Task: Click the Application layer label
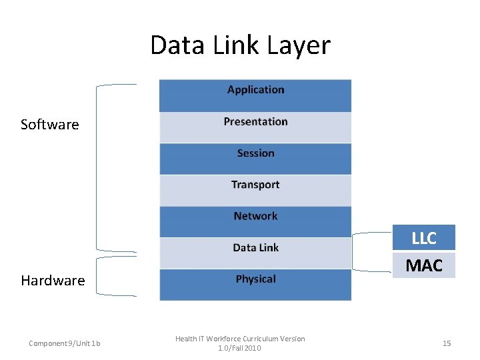[x=255, y=90]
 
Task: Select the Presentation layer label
[x=255, y=121]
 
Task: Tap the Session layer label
[x=255, y=153]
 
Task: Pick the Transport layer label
[x=255, y=185]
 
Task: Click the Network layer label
[x=255, y=216]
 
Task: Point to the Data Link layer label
[x=255, y=247]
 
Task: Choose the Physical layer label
[x=255, y=279]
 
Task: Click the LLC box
[x=423, y=238]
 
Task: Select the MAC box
[x=423, y=265]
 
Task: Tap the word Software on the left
[x=49, y=125]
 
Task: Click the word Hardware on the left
[x=53, y=281]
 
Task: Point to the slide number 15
[x=447, y=343]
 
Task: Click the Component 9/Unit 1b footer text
[x=65, y=343]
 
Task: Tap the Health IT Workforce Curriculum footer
[x=240, y=343]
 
